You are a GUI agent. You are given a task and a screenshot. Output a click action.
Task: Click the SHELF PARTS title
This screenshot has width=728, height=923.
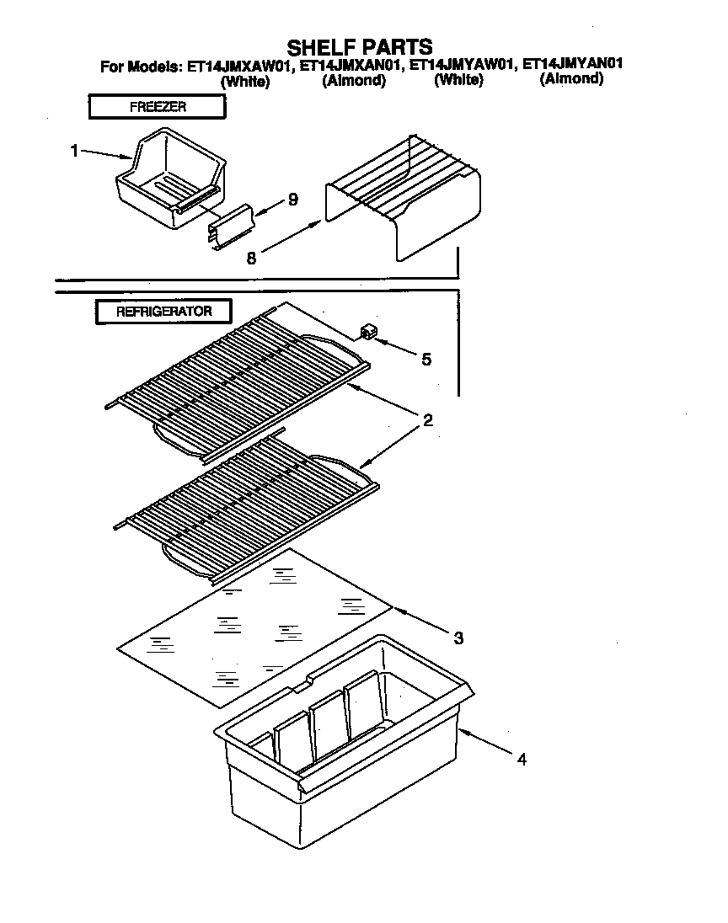(x=360, y=45)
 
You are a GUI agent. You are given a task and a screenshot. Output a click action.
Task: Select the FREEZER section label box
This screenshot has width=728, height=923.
(x=157, y=107)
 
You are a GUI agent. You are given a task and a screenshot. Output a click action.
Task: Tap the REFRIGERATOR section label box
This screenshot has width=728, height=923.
(x=163, y=311)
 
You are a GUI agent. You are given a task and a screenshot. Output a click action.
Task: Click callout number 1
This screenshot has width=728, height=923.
(x=74, y=151)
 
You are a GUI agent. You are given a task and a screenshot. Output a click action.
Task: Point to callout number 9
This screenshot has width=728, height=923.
(x=292, y=200)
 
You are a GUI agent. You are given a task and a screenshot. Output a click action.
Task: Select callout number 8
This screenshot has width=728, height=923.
(x=251, y=259)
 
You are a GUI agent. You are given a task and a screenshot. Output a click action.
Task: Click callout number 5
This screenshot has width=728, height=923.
(x=426, y=360)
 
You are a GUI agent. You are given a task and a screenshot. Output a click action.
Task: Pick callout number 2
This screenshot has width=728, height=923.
(x=427, y=420)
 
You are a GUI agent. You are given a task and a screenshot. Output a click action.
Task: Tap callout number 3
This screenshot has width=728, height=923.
(x=458, y=638)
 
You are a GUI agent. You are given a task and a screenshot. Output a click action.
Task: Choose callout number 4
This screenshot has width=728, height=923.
(x=522, y=759)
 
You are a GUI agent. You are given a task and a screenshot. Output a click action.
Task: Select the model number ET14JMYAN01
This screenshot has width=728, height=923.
(x=573, y=64)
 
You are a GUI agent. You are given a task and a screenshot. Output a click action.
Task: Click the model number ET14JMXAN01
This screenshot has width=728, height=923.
(x=353, y=65)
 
